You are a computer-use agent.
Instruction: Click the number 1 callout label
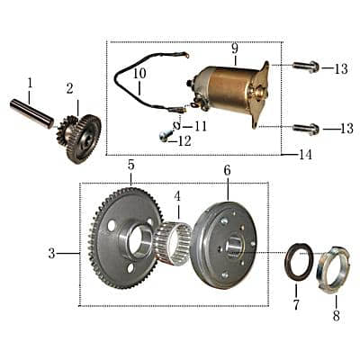pyautogui.click(x=30, y=83)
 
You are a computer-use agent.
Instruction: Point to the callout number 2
pyautogui.click(x=69, y=87)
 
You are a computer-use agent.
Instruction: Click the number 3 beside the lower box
pyautogui.click(x=51, y=254)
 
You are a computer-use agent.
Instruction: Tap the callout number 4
pyautogui.click(x=177, y=195)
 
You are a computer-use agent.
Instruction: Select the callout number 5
pyautogui.click(x=130, y=166)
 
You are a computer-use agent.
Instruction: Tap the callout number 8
pyautogui.click(x=336, y=316)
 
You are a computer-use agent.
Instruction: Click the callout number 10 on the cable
pyautogui.click(x=139, y=75)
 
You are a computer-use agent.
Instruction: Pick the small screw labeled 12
pyautogui.click(x=165, y=136)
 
